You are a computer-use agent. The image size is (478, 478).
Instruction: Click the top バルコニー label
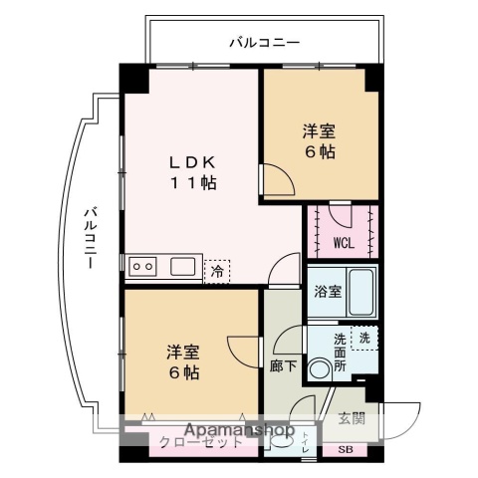(264, 42)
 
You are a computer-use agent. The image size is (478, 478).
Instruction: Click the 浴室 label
(329, 292)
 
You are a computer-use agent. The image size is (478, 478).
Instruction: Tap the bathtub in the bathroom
(359, 290)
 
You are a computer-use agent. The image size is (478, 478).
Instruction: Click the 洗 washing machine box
(365, 337)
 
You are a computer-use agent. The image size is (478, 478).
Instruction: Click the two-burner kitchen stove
(142, 266)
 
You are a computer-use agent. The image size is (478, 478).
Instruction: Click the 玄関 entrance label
(351, 418)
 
